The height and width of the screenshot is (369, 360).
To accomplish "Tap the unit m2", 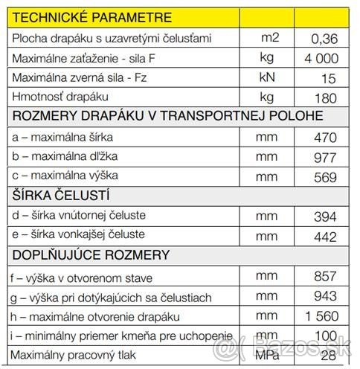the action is tap(269, 36).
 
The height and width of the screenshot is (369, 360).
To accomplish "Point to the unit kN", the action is tap(268, 77).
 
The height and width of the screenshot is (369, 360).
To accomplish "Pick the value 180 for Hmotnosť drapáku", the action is tap(325, 97).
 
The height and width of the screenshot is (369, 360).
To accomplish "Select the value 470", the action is tap(325, 138).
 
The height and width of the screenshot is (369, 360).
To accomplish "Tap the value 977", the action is tap(325, 158).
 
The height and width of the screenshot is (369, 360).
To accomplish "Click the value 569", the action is tap(325, 178).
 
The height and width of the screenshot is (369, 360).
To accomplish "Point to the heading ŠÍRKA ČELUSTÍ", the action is tap(62, 196).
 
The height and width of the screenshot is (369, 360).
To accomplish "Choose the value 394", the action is tap(325, 216).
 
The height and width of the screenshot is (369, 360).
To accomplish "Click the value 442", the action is tap(325, 237).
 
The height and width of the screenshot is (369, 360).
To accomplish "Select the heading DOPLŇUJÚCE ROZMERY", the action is tap(91, 255).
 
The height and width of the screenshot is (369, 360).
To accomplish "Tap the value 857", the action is tap(325, 275).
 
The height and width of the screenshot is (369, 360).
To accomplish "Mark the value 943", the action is tap(325, 295).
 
